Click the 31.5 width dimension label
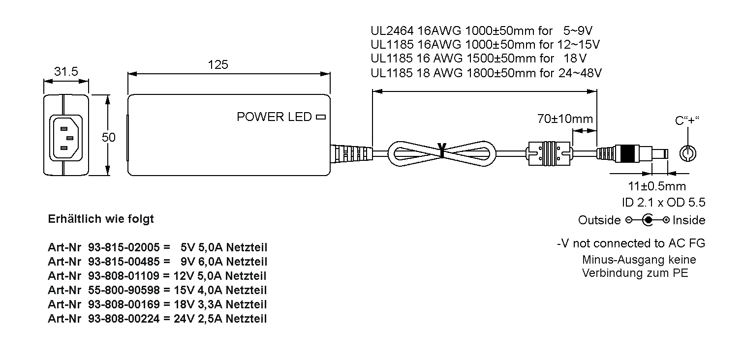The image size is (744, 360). pos(66,71)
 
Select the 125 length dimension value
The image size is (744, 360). pos(217,65)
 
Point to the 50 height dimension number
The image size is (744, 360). pos(108,137)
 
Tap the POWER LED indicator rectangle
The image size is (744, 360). pos(321,117)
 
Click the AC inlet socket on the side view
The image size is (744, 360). pos(66,137)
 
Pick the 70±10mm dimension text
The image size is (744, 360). pos(564,119)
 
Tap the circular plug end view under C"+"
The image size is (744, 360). pos(687,153)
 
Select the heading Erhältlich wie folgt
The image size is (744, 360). pos(101,219)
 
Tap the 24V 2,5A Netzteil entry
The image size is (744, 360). pos(220,319)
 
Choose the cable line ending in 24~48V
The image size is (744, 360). pos(486,73)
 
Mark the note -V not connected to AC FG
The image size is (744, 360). pos(631,243)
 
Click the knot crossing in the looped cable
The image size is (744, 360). pos(442,151)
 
